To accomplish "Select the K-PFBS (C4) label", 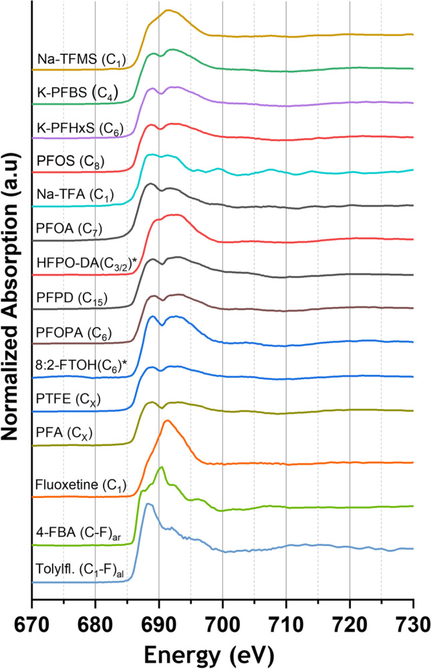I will click(77, 96).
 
